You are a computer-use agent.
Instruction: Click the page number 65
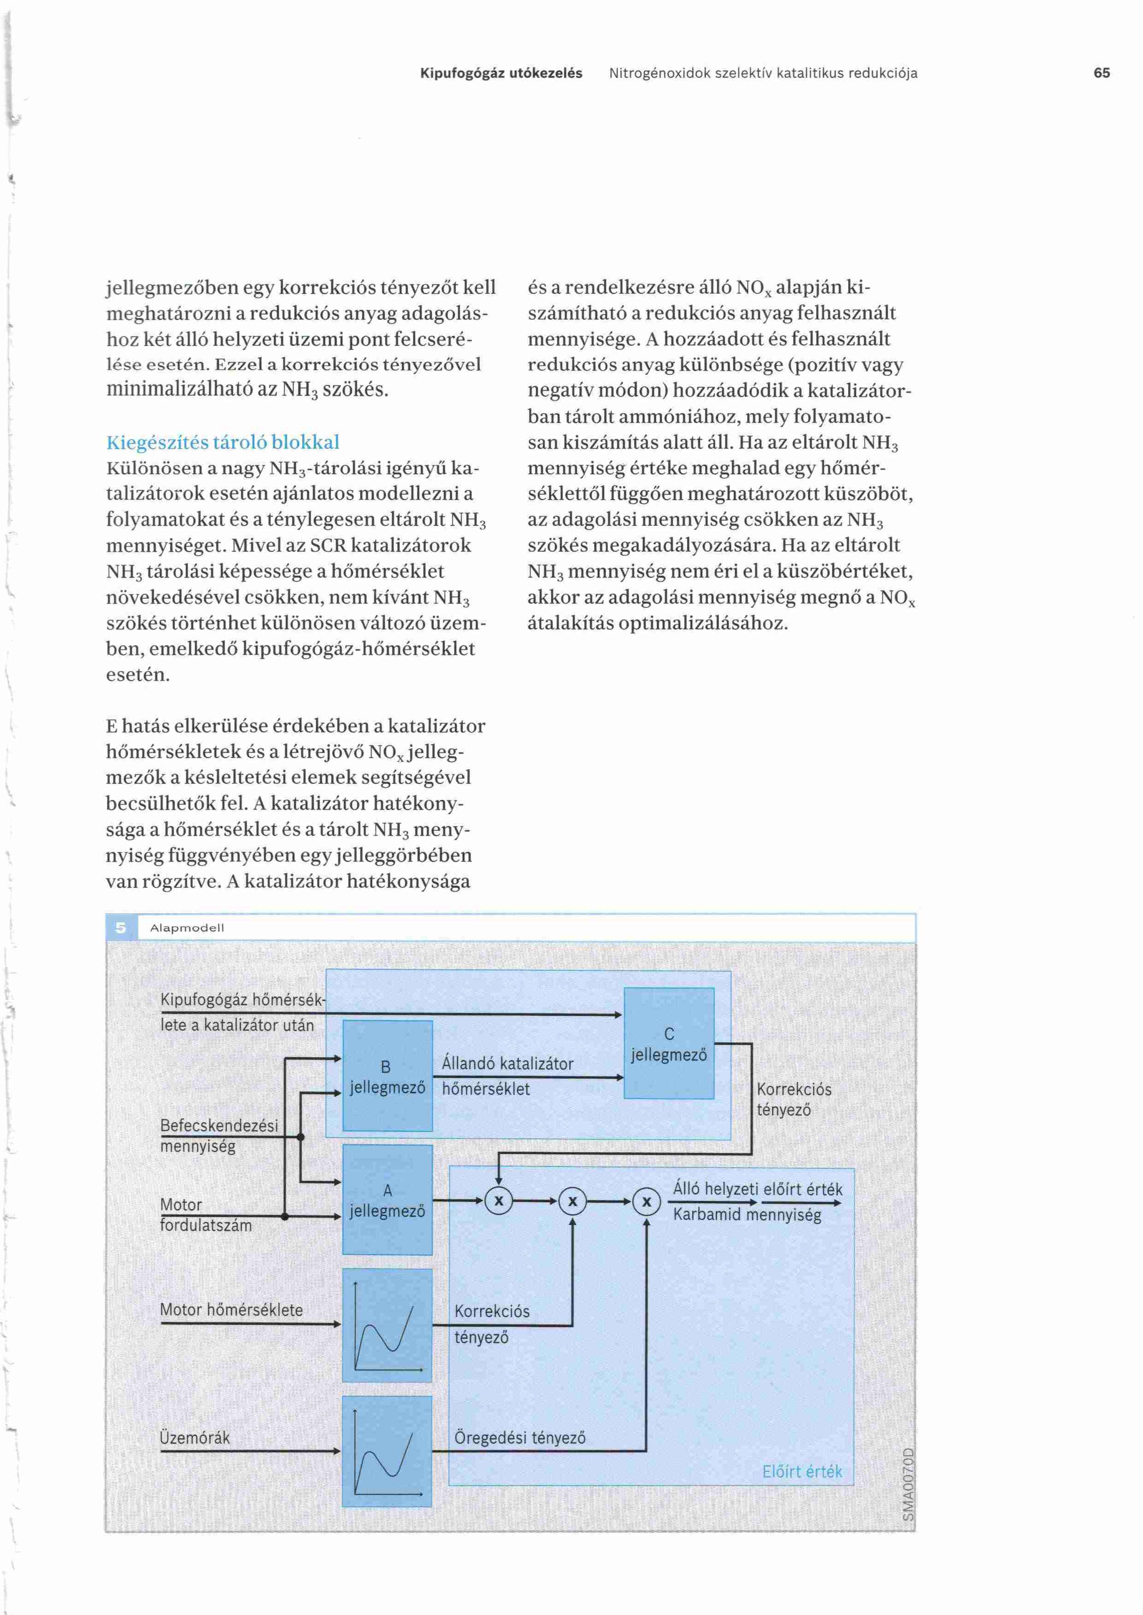1102,73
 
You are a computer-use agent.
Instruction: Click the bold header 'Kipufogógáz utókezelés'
501,73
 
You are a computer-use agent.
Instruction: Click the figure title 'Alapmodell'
187,928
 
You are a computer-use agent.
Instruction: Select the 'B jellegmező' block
387,1076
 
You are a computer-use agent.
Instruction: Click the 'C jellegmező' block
669,1043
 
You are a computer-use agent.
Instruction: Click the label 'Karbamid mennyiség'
747,1215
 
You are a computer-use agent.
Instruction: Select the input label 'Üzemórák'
195,1438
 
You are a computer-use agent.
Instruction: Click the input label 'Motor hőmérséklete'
231,1310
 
